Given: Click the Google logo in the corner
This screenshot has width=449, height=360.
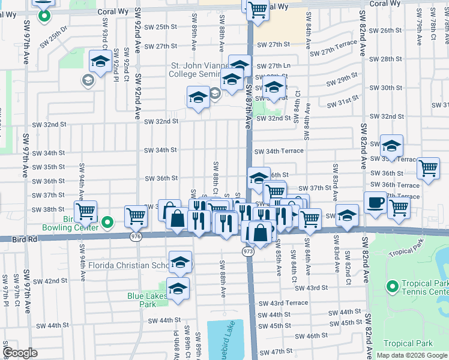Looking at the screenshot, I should (x=20, y=353).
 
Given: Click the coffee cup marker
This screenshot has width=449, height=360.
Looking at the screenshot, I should (x=375, y=203).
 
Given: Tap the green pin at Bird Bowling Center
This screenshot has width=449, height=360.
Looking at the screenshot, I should (x=107, y=223).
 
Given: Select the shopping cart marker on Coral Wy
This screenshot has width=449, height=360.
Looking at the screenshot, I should (x=258, y=10).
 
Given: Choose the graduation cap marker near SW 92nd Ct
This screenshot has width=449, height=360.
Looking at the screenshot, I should (x=100, y=61).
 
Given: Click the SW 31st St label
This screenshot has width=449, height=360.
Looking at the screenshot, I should (x=343, y=102).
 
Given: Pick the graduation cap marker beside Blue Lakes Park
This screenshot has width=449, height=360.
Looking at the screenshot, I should (x=178, y=289).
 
